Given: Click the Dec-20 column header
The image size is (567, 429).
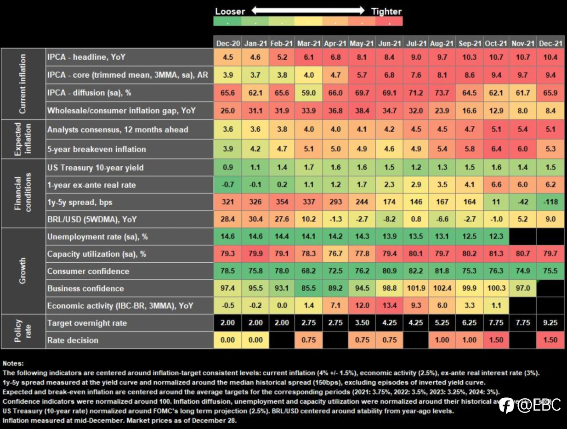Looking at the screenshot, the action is (x=228, y=43).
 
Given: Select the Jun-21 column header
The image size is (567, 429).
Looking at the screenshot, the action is (x=389, y=43).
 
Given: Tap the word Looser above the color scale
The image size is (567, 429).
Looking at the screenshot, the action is (x=230, y=11).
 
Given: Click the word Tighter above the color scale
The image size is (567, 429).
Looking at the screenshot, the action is (x=386, y=11).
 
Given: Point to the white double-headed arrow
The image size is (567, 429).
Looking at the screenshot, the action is (x=308, y=11).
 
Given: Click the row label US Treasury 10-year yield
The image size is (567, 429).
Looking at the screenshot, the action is (x=95, y=168).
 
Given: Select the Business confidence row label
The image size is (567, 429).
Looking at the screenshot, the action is (x=85, y=288).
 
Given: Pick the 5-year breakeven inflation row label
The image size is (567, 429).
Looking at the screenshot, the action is (x=96, y=149).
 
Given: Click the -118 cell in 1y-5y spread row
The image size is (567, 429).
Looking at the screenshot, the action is (x=550, y=202).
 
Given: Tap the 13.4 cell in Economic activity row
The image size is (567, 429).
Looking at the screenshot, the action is (x=389, y=305).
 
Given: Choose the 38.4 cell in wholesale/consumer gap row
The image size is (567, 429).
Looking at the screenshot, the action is (x=362, y=111).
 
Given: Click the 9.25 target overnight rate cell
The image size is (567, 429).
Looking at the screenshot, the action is (x=550, y=322).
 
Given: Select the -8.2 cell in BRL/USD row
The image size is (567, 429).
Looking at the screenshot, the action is (x=389, y=219).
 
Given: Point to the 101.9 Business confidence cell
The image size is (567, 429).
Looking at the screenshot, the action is (x=416, y=288).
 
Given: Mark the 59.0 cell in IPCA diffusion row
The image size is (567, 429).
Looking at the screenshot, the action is (x=308, y=93).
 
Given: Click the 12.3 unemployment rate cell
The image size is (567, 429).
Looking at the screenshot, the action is (x=496, y=237).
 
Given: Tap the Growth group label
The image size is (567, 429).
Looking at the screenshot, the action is (x=23, y=271).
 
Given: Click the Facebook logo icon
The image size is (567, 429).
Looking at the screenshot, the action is (x=506, y=406).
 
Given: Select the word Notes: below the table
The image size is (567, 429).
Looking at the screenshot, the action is (x=13, y=363).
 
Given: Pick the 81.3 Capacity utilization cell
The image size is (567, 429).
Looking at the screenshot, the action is (x=496, y=254).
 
